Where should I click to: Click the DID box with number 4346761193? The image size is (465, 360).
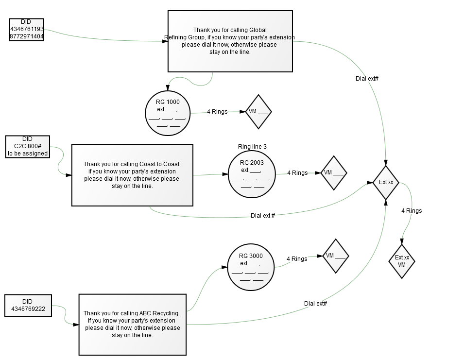[27, 30]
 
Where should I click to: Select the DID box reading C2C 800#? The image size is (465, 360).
[28, 147]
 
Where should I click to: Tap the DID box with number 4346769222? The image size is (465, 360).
[28, 306]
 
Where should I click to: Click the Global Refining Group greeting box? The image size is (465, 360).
[230, 41]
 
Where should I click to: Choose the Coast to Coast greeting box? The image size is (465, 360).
[132, 175]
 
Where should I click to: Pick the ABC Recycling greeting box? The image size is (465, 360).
[133, 325]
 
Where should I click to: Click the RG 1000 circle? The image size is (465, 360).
[168, 113]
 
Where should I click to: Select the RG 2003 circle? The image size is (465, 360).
[252, 174]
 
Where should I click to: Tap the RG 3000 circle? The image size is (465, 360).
[251, 268]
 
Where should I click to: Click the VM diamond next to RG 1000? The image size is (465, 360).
[258, 112]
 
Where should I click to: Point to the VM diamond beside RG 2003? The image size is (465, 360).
[334, 173]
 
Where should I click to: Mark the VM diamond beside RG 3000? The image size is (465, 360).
[336, 256]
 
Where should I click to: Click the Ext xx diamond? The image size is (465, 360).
[386, 182]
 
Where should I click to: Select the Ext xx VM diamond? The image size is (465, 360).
[402, 261]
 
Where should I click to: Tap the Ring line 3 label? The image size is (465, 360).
[252, 147]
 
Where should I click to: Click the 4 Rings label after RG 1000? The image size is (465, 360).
[217, 112]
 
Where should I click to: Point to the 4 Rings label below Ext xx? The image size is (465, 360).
[412, 210]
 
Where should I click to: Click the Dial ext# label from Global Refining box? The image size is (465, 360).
[367, 79]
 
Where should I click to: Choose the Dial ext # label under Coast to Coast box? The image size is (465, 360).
[263, 216]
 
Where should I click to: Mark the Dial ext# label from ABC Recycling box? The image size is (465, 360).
[315, 303]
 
